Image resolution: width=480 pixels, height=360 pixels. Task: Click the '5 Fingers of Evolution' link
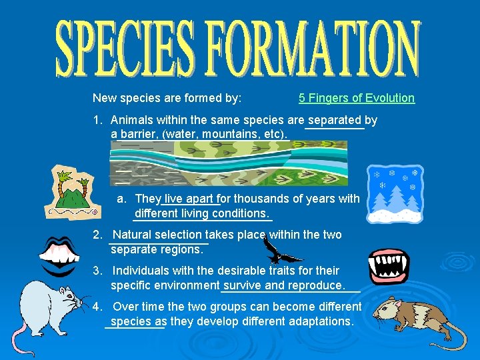point(356,98)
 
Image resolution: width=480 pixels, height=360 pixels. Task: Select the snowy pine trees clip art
point(395,194)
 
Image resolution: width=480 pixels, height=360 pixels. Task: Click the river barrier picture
point(229,164)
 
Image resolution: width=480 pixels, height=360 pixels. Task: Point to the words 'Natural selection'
point(157,235)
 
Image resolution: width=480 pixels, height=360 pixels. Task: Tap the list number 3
point(97,271)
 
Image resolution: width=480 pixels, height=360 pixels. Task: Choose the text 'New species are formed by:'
point(167,98)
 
